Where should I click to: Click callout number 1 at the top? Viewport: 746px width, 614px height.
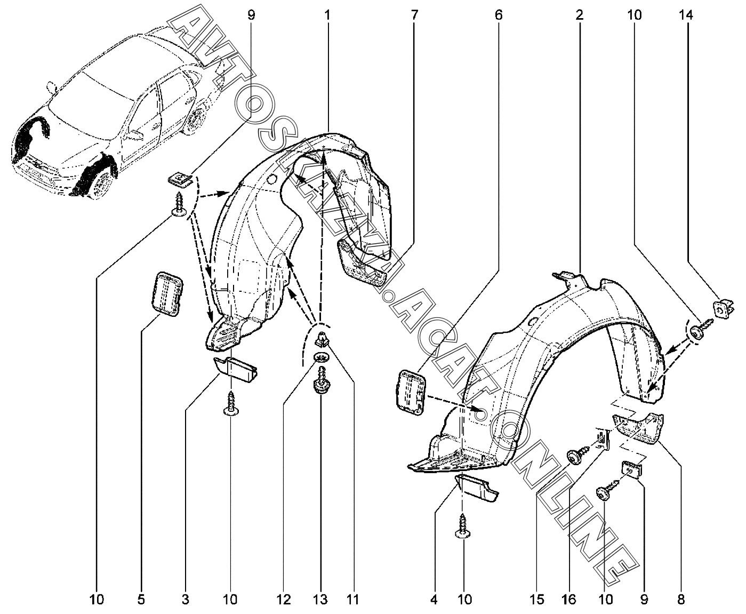(x=327, y=15)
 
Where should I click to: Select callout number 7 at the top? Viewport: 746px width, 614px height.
(x=414, y=15)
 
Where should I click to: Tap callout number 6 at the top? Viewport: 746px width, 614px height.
(x=499, y=15)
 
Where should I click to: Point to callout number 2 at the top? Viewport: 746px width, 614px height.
(x=579, y=15)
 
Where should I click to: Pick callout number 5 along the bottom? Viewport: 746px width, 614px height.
(x=141, y=600)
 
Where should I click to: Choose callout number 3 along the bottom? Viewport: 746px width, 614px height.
(x=185, y=600)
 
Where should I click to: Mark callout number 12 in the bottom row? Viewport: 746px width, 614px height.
(x=284, y=600)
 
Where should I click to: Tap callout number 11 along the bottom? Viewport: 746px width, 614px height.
(x=352, y=600)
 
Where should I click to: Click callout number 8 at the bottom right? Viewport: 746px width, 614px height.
(x=681, y=600)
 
